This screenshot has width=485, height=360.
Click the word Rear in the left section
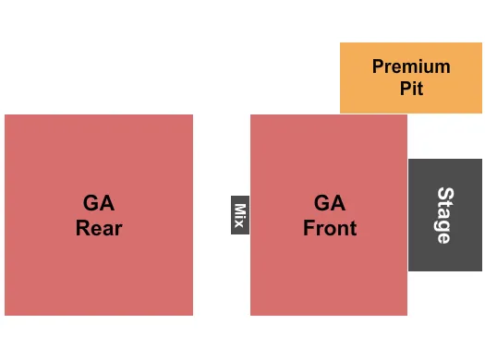99,228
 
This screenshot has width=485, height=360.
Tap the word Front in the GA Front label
330,228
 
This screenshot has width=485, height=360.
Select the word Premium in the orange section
411,66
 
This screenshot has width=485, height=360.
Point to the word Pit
411,90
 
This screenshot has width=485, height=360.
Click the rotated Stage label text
444,215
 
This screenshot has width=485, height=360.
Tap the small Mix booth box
240,215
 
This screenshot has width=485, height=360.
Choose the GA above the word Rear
99,203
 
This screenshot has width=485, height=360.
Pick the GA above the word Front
330,203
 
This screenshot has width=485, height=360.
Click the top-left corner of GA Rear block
6,115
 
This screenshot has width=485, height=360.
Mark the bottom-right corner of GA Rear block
192,315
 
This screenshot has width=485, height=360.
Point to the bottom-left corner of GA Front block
251,315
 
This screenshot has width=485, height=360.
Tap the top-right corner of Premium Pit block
481,43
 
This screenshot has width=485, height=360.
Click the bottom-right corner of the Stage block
481,270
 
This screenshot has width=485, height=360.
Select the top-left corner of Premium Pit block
341,43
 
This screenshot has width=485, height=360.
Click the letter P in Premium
378,66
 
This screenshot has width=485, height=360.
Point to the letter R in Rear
81,228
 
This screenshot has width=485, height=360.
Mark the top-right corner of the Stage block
481,160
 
